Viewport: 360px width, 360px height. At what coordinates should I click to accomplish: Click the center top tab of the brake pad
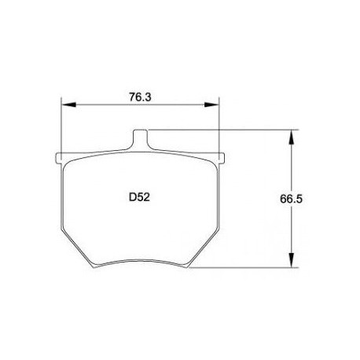coord(140,140)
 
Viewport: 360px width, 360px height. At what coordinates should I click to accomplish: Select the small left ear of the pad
coord(59,156)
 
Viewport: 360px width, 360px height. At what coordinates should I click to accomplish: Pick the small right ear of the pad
coord(222,156)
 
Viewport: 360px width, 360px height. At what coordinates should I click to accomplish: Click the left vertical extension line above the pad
coord(62,126)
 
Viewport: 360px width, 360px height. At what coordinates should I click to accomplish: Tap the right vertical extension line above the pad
coord(219,126)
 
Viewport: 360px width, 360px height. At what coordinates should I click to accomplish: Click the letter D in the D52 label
coord(132,199)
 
